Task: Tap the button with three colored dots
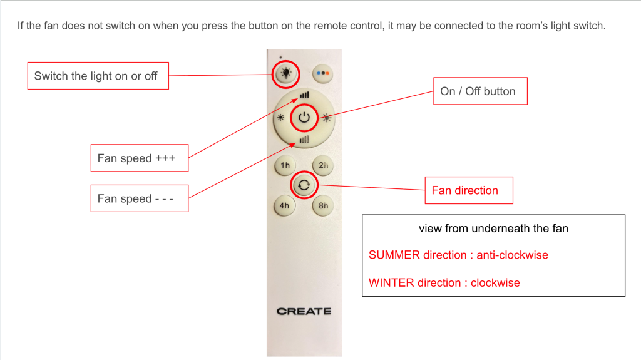[x=323, y=74]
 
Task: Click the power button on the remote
[x=304, y=118]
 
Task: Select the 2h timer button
[x=323, y=165]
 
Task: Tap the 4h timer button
[x=285, y=205]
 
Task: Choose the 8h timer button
[x=323, y=205]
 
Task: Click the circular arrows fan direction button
[x=304, y=185]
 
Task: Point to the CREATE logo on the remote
[x=304, y=311]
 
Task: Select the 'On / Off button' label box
[x=480, y=91]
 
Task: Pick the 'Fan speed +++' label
[x=140, y=158]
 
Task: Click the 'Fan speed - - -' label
[x=140, y=198]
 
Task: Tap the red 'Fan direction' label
[x=469, y=190]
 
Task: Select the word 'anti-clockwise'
[x=512, y=255]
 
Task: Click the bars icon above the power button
[x=305, y=95]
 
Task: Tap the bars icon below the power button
[x=304, y=140]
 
